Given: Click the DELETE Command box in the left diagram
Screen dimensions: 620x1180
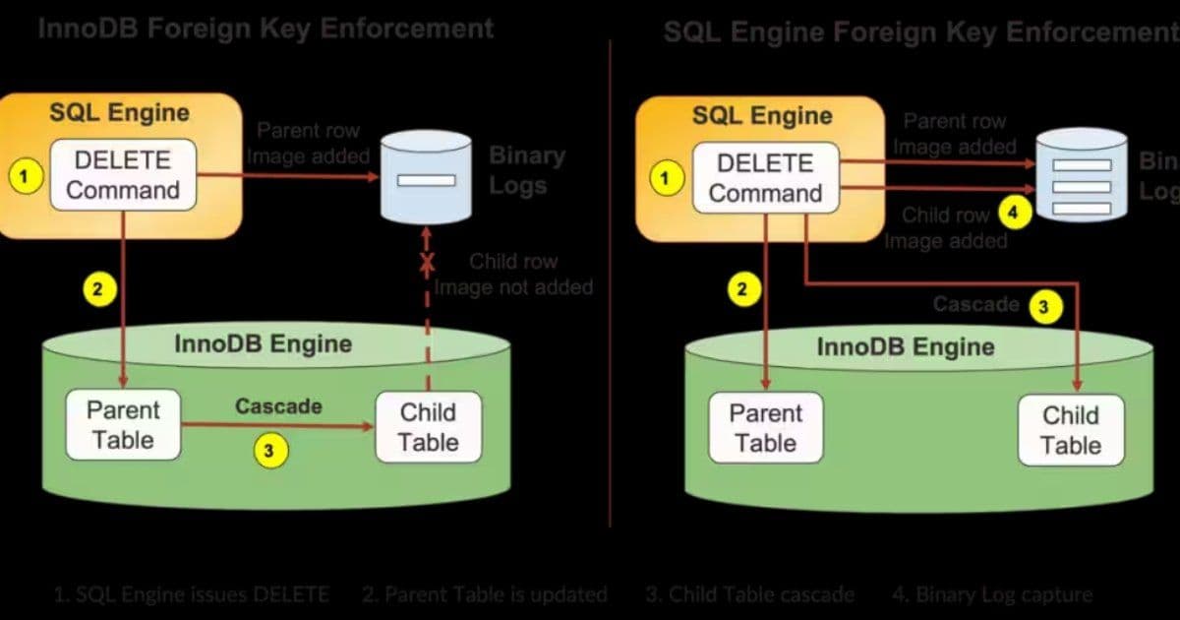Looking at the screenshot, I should [x=123, y=174].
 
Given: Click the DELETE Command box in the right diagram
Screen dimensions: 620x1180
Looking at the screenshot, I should [x=765, y=178].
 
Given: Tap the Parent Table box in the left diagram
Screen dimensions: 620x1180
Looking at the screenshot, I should [x=123, y=424].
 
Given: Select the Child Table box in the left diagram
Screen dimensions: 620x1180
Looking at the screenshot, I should [x=429, y=427].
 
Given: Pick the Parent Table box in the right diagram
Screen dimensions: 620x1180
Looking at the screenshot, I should [x=765, y=428].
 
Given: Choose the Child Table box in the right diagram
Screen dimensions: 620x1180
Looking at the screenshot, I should [x=1070, y=430].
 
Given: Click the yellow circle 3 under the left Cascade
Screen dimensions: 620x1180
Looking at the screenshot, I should [x=270, y=452].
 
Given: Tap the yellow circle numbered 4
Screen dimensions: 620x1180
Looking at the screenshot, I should [x=1013, y=211].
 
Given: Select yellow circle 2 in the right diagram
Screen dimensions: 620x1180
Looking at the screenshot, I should [x=743, y=289].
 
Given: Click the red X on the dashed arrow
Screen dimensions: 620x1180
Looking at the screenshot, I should [x=427, y=263].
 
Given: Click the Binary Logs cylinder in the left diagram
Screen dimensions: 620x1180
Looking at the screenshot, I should [x=426, y=178].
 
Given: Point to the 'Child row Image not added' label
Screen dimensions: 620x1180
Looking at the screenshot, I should [x=513, y=275].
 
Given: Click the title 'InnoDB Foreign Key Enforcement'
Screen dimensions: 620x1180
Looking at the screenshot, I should [x=265, y=28].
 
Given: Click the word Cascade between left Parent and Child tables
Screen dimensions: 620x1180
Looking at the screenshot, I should [x=278, y=405].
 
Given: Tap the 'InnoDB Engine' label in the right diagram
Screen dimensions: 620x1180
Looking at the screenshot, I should [x=905, y=346].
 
